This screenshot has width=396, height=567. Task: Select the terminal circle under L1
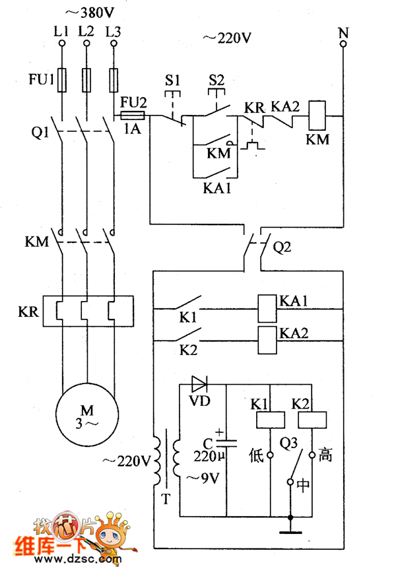click(x=63, y=44)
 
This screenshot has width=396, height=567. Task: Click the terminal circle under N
click(x=343, y=44)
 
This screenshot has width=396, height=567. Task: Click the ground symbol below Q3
click(x=289, y=528)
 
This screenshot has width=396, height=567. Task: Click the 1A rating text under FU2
click(x=133, y=129)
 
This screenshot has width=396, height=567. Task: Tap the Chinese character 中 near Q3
click(x=303, y=485)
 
